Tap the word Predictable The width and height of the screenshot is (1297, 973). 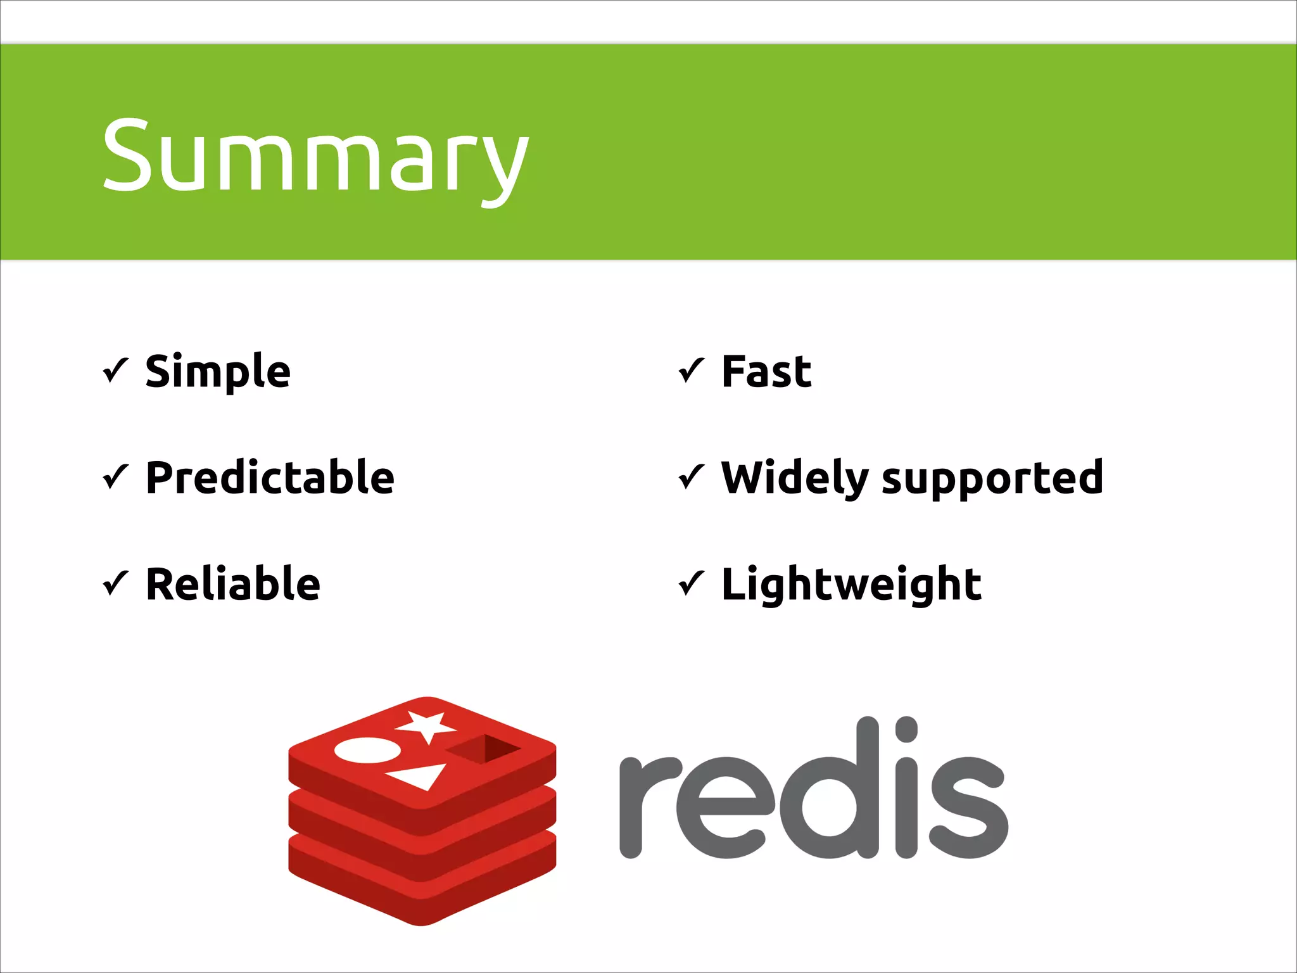(270, 478)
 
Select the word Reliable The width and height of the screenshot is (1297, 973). (232, 584)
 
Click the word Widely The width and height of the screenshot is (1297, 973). (794, 478)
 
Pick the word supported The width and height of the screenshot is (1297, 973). (992, 479)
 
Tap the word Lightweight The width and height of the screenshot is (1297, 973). (851, 584)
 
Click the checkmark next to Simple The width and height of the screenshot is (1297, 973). (116, 371)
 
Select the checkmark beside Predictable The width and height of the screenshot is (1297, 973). (116, 477)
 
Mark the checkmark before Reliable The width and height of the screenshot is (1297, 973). (116, 583)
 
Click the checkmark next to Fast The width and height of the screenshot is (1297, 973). (692, 371)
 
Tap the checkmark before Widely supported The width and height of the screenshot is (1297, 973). (692, 477)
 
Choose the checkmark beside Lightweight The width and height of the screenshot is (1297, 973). (692, 583)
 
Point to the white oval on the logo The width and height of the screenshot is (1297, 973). (367, 751)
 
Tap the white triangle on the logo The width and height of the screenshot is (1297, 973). (419, 776)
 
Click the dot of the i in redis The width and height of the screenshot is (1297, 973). (906, 729)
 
